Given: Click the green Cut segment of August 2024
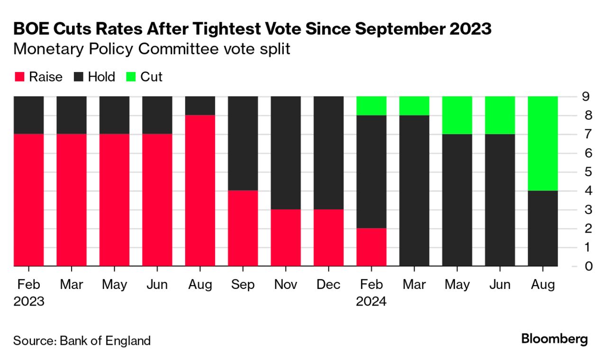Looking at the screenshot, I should [x=543, y=143].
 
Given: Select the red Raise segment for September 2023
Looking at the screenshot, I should [x=243, y=228].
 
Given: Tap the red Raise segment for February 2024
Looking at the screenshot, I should [x=371, y=247].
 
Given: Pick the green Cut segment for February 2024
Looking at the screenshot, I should [x=371, y=106].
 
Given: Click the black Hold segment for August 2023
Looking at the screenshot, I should [x=200, y=106].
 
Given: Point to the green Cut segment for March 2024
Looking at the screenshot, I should [x=414, y=106].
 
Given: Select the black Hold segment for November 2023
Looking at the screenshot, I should [x=286, y=153].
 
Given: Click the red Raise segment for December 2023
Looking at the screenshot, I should [x=328, y=237].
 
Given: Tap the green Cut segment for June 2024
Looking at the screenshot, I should [x=500, y=115].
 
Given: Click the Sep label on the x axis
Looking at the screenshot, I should [x=243, y=284].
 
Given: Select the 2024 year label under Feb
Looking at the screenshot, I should [x=371, y=301].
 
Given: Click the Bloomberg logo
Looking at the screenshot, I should [x=554, y=339].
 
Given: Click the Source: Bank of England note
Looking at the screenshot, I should [x=82, y=340].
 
